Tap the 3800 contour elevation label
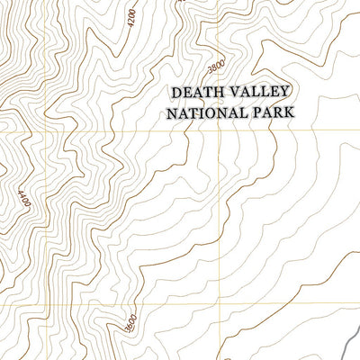(214, 68)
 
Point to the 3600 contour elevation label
(130, 319)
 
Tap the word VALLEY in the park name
(261, 94)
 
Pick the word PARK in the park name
(273, 114)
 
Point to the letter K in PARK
(291, 114)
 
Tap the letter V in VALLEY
(235, 94)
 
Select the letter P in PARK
(254, 114)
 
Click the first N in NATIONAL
(166, 114)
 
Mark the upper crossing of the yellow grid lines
(219, 131)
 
